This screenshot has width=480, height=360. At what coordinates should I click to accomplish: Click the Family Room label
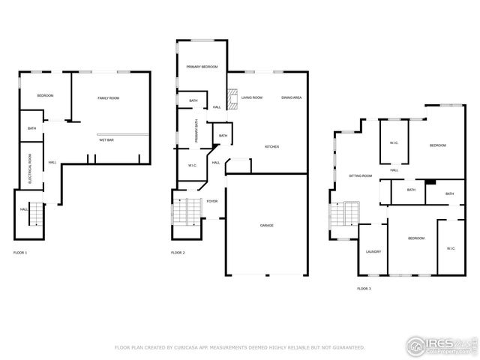click(109, 98)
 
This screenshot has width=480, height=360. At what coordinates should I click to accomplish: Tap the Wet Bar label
click(106, 140)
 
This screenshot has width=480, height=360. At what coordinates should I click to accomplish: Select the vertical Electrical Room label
click(30, 169)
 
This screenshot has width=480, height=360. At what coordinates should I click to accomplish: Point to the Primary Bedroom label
click(202, 67)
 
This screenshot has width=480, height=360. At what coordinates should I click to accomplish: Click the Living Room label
click(251, 97)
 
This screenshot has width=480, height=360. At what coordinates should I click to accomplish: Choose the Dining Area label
click(292, 97)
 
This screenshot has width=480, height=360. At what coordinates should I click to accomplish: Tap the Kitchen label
click(271, 146)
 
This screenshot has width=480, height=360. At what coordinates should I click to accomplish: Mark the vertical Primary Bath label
click(196, 131)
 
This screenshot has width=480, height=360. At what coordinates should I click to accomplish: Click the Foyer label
click(212, 201)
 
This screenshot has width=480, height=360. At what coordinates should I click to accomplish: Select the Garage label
click(266, 225)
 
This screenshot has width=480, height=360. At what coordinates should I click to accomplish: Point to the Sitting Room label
click(360, 175)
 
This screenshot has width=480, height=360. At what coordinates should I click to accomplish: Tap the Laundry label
click(373, 251)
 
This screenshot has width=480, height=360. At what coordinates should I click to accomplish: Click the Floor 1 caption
click(20, 253)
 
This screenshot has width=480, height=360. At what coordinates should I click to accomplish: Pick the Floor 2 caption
click(178, 253)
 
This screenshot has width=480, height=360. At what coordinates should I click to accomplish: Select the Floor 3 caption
click(364, 288)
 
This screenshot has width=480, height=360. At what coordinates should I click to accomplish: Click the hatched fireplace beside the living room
click(233, 99)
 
